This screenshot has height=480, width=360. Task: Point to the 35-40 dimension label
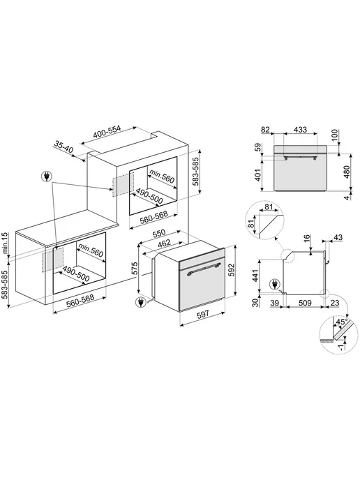[x=64, y=147]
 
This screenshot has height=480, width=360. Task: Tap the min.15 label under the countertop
[x=4, y=243]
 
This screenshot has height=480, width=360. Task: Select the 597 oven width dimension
[x=202, y=313]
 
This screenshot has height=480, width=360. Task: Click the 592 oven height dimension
[x=232, y=270]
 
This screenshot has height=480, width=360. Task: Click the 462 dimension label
[x=164, y=244]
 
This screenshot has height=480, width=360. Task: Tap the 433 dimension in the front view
[x=300, y=130]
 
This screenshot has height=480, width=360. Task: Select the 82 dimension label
[x=265, y=130]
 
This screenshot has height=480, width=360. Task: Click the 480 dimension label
[x=347, y=173]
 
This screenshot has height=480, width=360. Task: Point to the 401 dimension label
[x=259, y=175]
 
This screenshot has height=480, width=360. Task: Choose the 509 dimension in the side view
[x=305, y=303]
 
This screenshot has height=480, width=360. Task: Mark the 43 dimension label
[x=338, y=237]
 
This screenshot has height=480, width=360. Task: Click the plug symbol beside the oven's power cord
[x=141, y=302]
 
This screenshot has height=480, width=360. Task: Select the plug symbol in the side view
[x=274, y=285]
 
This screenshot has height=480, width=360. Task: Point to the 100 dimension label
[x=335, y=135]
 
